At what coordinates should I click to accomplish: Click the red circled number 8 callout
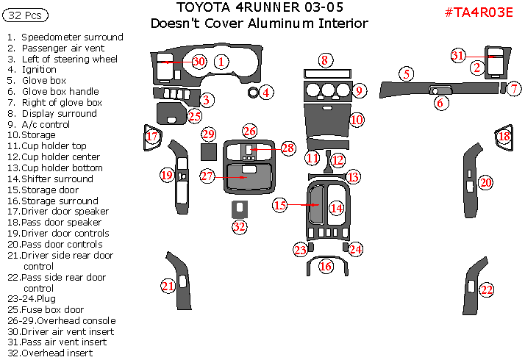point(325,60)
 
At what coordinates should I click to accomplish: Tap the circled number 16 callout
point(326,267)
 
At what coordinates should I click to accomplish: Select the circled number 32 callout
point(240,226)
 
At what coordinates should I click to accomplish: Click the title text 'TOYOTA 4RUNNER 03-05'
point(260,8)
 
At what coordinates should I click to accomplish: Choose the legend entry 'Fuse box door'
point(52,310)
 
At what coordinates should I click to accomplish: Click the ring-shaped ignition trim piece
point(254,93)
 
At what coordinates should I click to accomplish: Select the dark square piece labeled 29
point(208,151)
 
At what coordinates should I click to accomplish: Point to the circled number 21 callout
point(168,286)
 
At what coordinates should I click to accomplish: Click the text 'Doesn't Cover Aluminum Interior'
point(259,24)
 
